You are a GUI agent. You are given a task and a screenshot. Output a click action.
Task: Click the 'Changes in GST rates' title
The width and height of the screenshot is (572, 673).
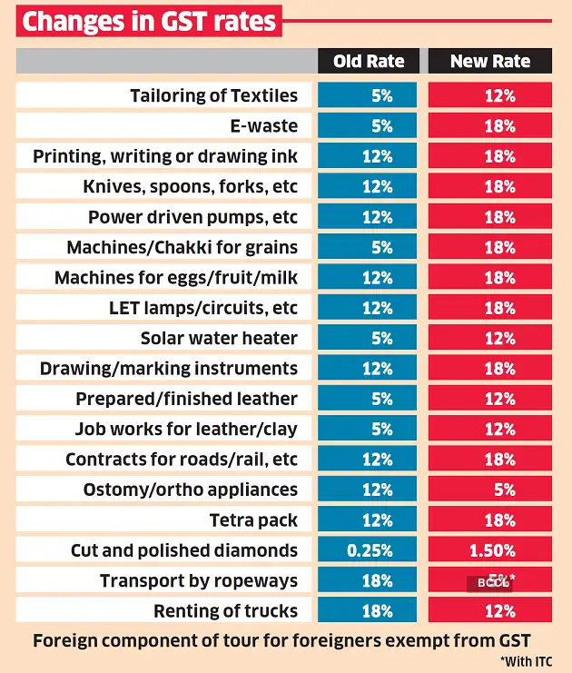click(x=149, y=21)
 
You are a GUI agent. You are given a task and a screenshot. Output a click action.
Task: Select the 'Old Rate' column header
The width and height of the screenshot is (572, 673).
click(x=368, y=62)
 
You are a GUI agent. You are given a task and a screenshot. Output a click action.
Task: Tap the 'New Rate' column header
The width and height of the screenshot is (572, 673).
click(x=490, y=62)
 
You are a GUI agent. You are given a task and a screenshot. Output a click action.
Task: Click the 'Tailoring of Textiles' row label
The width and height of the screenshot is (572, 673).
click(x=213, y=95)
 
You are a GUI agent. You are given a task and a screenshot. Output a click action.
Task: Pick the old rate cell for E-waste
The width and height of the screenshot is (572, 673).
click(x=368, y=126)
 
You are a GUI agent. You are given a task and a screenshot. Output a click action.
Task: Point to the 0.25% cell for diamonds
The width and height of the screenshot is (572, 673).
click(x=368, y=550)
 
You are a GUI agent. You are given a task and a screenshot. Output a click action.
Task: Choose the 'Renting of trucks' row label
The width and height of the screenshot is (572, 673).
click(x=225, y=610)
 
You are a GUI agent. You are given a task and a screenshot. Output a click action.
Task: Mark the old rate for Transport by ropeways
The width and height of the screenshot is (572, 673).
click(x=368, y=580)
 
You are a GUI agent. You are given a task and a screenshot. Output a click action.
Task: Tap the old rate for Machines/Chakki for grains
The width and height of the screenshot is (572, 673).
click(x=368, y=247)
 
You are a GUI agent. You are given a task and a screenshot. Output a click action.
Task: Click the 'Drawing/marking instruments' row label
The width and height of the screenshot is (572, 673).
click(x=168, y=368)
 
